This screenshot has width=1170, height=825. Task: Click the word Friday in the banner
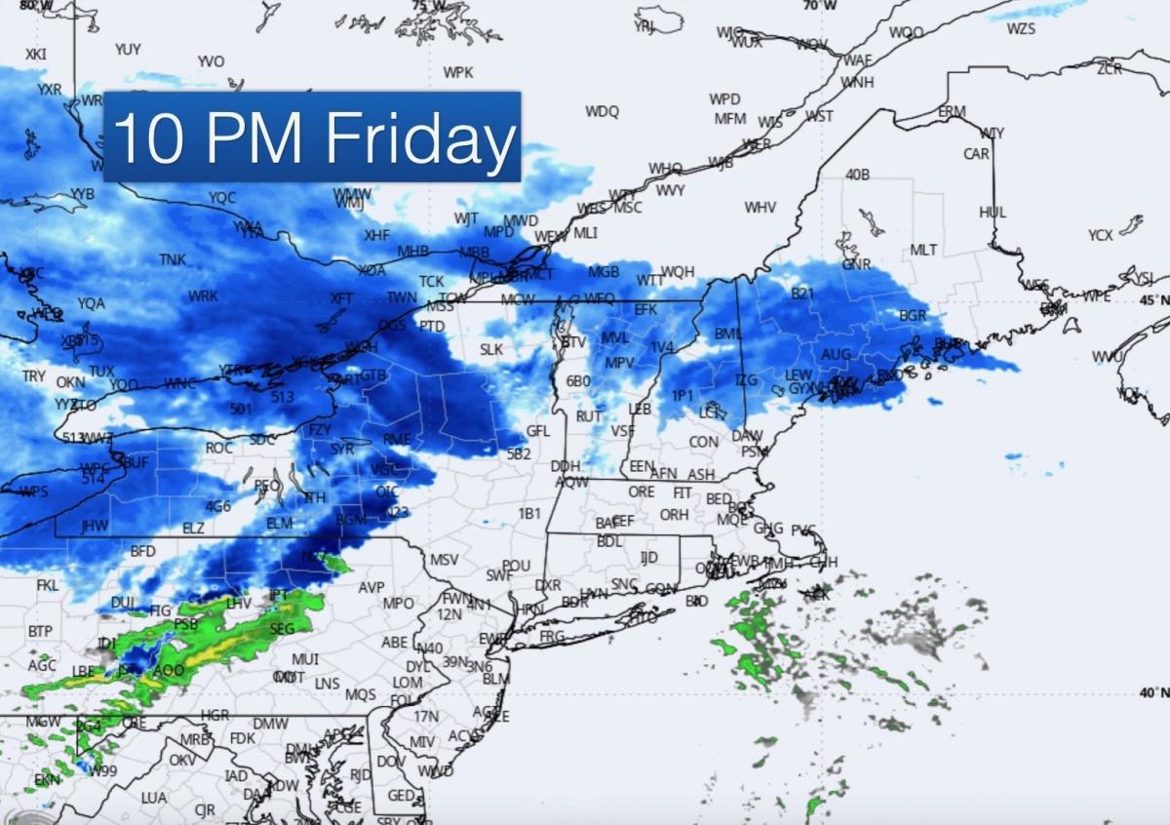coord(420,138)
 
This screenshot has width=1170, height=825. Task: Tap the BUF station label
coord(136,462)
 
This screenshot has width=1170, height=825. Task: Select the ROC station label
coord(219,448)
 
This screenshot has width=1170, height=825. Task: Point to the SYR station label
coord(342,450)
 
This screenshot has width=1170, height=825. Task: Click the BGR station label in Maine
coord(913,316)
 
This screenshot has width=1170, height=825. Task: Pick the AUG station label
coord(837,355)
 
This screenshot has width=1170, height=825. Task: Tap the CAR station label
coord(976,154)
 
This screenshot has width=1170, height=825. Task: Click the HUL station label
coord(993,213)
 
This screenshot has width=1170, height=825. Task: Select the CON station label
coord(703,442)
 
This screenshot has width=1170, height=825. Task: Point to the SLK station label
coord(491,349)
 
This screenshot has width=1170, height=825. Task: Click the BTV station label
coord(574,342)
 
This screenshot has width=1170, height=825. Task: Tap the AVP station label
coord(371,588)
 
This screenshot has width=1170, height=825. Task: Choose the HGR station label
coord(214,715)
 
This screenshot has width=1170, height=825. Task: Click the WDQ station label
coord(602,111)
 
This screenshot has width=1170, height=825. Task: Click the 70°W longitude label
coord(819,6)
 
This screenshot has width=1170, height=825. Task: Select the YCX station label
coord(1101,235)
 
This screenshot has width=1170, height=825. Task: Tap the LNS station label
coord(328,684)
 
